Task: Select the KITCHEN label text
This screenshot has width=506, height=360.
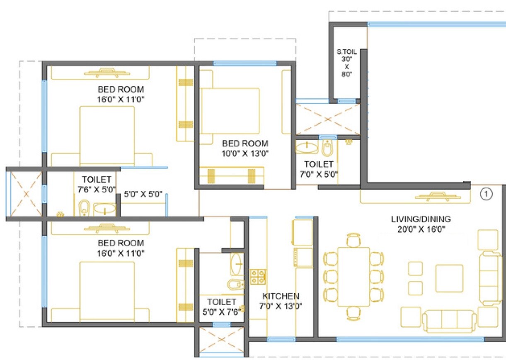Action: tap(281, 296)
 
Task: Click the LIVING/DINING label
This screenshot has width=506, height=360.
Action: tap(421, 219)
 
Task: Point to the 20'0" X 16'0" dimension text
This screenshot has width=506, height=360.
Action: tap(421, 229)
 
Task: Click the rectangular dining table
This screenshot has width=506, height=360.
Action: tap(353, 277)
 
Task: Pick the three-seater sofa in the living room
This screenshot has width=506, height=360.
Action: tap(449, 321)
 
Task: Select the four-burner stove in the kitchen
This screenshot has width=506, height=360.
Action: tap(258, 277)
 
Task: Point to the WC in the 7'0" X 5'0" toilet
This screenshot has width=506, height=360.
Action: tap(327, 148)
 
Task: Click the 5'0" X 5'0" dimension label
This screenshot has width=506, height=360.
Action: tap(143, 194)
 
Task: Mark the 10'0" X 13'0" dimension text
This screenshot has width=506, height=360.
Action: tap(245, 153)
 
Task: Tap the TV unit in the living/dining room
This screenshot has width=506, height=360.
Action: tap(435, 197)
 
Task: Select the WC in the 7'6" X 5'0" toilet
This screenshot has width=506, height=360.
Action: tap(84, 208)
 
